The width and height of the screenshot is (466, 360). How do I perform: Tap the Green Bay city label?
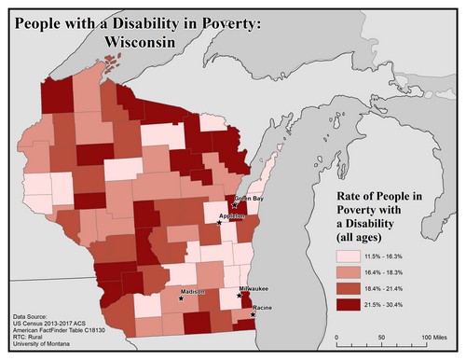tap(249, 199)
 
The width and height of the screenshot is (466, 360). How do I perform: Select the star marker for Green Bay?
tap(236, 204)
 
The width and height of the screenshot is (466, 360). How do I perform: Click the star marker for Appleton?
tap(220, 222)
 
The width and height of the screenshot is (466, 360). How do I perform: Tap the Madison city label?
tap(193, 293)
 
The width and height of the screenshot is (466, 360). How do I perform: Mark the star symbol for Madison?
tap(182, 300)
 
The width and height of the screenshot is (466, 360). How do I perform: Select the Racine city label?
tap(262, 307)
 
